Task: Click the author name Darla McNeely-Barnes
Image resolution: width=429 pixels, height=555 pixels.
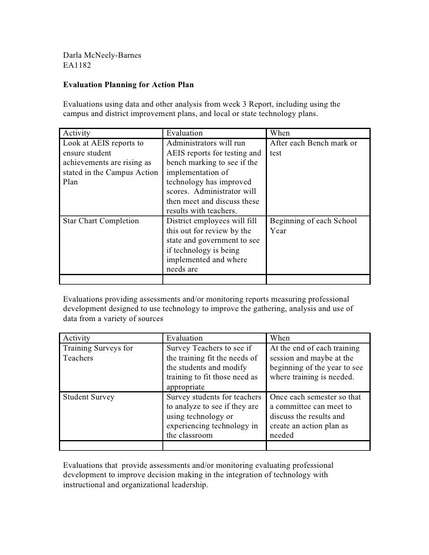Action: click(x=101, y=56)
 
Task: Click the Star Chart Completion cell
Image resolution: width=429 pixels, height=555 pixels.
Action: click(x=101, y=221)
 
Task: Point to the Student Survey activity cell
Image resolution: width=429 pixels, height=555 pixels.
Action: click(x=88, y=397)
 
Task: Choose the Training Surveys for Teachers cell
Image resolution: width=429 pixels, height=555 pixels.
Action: click(x=98, y=353)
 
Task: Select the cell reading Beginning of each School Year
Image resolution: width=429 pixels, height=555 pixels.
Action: click(x=313, y=226)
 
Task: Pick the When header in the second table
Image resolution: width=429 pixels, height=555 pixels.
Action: click(x=279, y=338)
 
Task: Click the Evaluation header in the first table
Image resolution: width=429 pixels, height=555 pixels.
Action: click(x=184, y=133)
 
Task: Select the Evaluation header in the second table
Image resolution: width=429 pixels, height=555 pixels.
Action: click(x=184, y=338)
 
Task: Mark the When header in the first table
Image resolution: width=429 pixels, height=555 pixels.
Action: click(x=279, y=133)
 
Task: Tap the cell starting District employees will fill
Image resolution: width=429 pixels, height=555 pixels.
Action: click(x=213, y=245)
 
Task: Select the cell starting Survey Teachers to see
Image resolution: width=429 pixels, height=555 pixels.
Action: click(x=213, y=367)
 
